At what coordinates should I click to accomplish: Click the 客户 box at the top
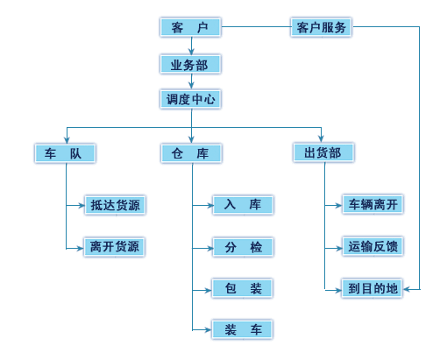[x=190, y=27]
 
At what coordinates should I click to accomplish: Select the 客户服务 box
[x=321, y=27]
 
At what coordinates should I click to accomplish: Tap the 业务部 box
[x=190, y=64]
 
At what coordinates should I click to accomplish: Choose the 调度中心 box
[x=190, y=99]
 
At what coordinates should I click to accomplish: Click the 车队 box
[x=65, y=153]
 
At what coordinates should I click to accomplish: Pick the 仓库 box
[x=191, y=153]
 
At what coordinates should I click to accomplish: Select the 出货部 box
[x=323, y=152]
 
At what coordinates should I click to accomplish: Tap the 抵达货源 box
[x=115, y=205]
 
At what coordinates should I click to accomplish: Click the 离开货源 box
[x=115, y=247]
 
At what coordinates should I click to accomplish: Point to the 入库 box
[x=243, y=205]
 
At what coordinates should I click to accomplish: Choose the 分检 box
[x=243, y=247]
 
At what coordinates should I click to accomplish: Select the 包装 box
[x=242, y=288]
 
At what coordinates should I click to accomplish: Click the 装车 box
[x=242, y=329]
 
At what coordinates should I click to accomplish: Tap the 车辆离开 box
[x=372, y=204]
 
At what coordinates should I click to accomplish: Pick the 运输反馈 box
[x=372, y=246]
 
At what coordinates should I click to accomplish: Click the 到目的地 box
[x=372, y=288]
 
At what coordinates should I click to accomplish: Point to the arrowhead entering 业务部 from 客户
[x=191, y=52]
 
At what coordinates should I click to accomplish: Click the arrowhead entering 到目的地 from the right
[x=407, y=289]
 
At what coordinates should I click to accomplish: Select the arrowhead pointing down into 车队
[x=67, y=140]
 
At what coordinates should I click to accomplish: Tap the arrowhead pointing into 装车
[x=208, y=330]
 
